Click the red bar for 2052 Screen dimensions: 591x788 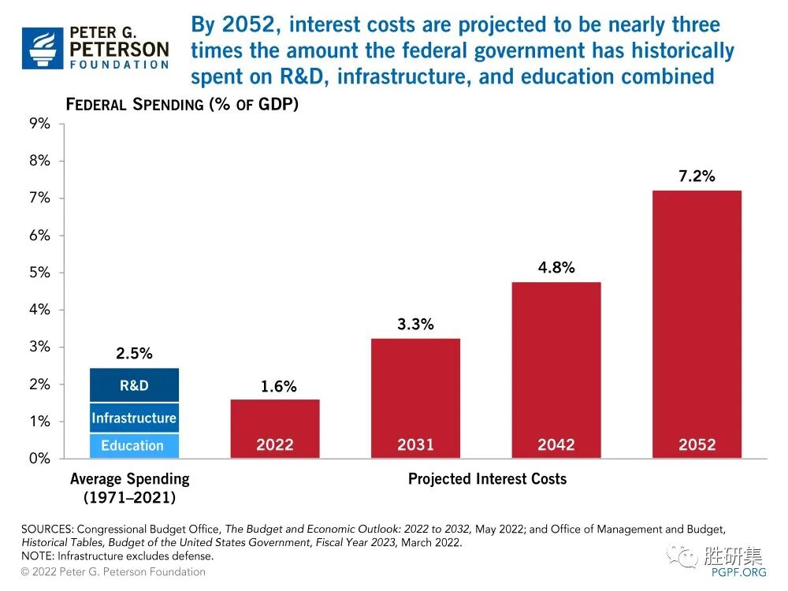pyautogui.click(x=697, y=323)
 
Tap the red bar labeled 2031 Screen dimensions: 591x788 pyautogui.click(x=415, y=398)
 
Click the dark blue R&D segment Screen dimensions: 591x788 pyautogui.click(x=134, y=385)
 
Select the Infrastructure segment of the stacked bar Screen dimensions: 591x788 pyautogui.click(x=134, y=418)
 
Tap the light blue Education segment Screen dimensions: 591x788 pyautogui.click(x=134, y=445)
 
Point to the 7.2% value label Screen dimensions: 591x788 pyautogui.click(x=697, y=177)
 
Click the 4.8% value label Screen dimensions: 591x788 pyautogui.click(x=556, y=268)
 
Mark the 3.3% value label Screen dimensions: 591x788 pyautogui.click(x=415, y=324)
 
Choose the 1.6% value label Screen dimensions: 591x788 pyautogui.click(x=278, y=386)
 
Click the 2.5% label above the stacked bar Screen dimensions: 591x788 pyautogui.click(x=134, y=354)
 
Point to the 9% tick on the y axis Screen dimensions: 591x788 pyautogui.click(x=39, y=124)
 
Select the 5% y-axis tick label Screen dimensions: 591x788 pyautogui.click(x=39, y=273)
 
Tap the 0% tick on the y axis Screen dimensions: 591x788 pyautogui.click(x=39, y=459)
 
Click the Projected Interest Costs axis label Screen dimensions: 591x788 pyautogui.click(x=487, y=479)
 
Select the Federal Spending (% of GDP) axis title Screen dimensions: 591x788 pyautogui.click(x=182, y=105)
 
